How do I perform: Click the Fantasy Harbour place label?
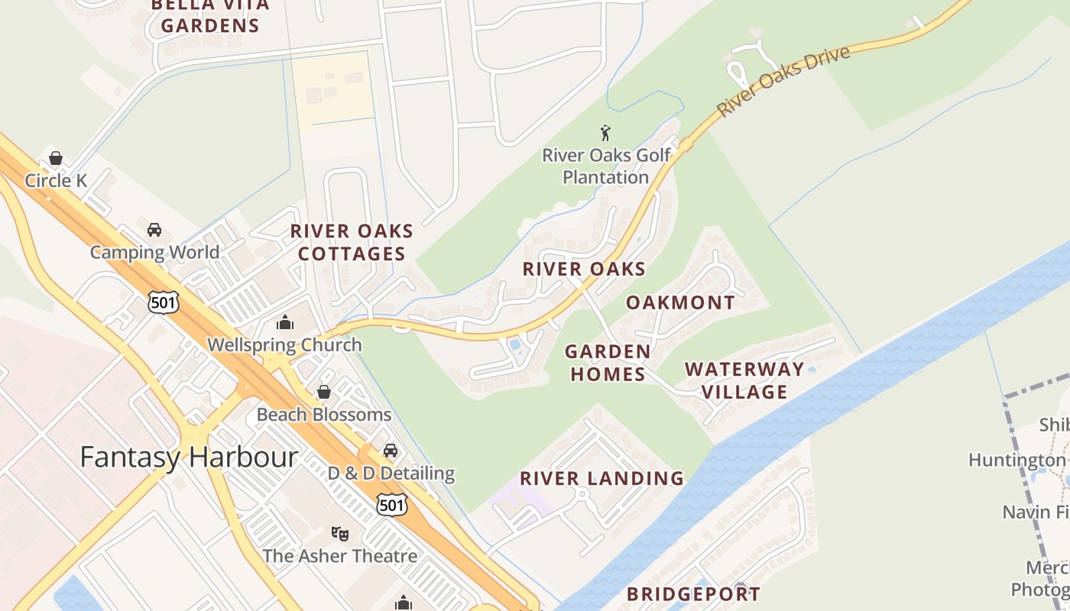[189, 457]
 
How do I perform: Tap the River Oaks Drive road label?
[783, 81]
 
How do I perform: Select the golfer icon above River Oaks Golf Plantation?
[606, 133]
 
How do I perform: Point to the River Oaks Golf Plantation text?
[606, 166]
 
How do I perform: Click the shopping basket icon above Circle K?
[56, 158]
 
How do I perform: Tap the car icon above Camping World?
[154, 229]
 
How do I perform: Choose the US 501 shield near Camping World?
[164, 302]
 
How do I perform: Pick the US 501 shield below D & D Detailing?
[391, 504]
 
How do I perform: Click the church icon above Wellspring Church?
[285, 322]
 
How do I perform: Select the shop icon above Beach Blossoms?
[324, 392]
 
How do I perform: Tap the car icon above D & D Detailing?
[391, 450]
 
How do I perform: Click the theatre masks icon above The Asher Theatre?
[340, 532]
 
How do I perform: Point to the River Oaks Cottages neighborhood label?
[352, 242]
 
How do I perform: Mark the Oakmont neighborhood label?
[680, 302]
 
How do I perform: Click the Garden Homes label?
[608, 363]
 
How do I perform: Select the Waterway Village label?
[744, 380]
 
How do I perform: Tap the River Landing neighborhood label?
[601, 479]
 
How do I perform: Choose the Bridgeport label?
[693, 594]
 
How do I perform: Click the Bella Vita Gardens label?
[210, 15]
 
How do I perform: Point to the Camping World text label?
[154, 252]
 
